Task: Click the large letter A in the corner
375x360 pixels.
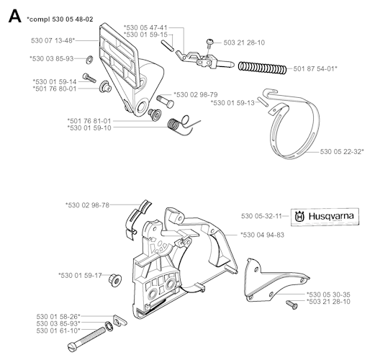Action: coord(12,15)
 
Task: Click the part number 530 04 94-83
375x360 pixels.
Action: coord(263,234)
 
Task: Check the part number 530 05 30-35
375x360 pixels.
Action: coord(329,294)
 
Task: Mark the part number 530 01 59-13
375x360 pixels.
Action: coord(234,103)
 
